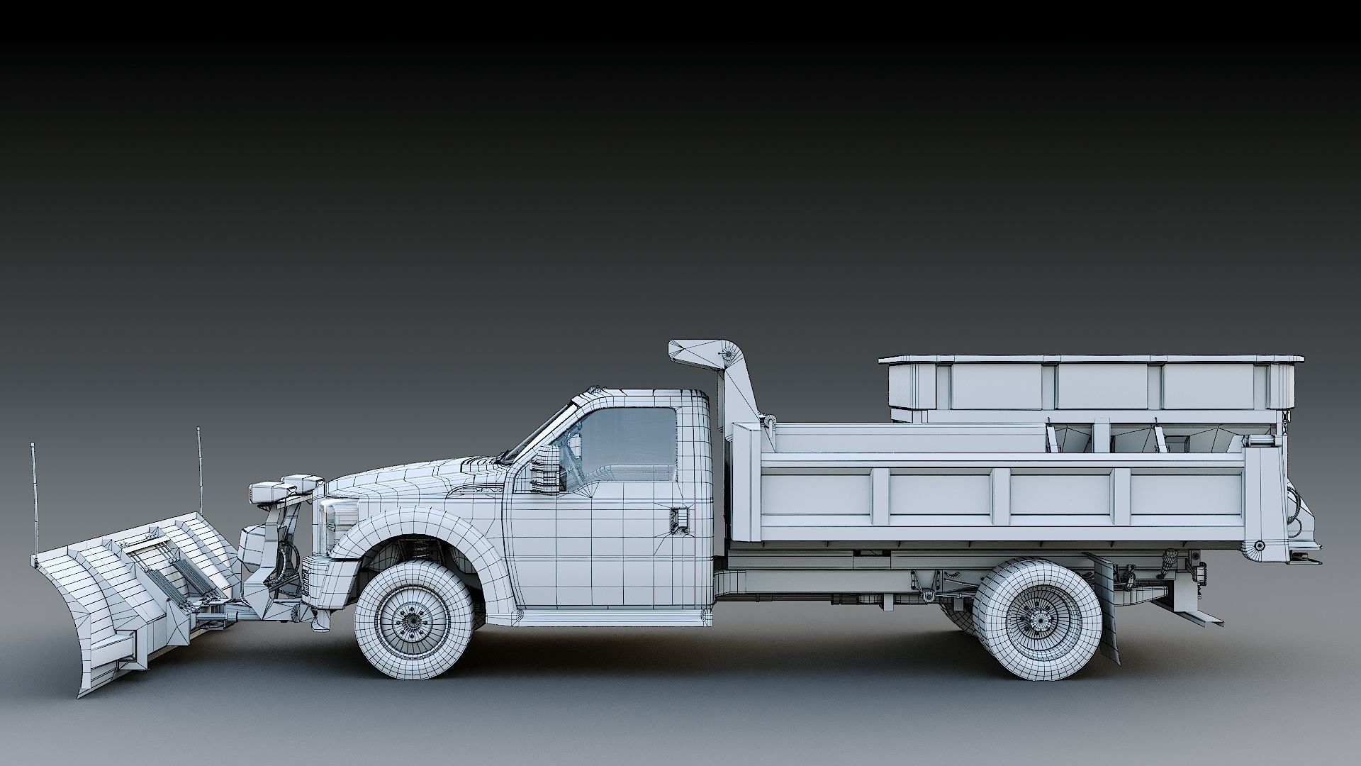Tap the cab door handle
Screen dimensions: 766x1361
(679, 518)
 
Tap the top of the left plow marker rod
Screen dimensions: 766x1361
(33, 445)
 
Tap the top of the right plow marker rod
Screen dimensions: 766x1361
(198, 430)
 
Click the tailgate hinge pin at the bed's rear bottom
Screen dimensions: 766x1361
(1258, 546)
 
